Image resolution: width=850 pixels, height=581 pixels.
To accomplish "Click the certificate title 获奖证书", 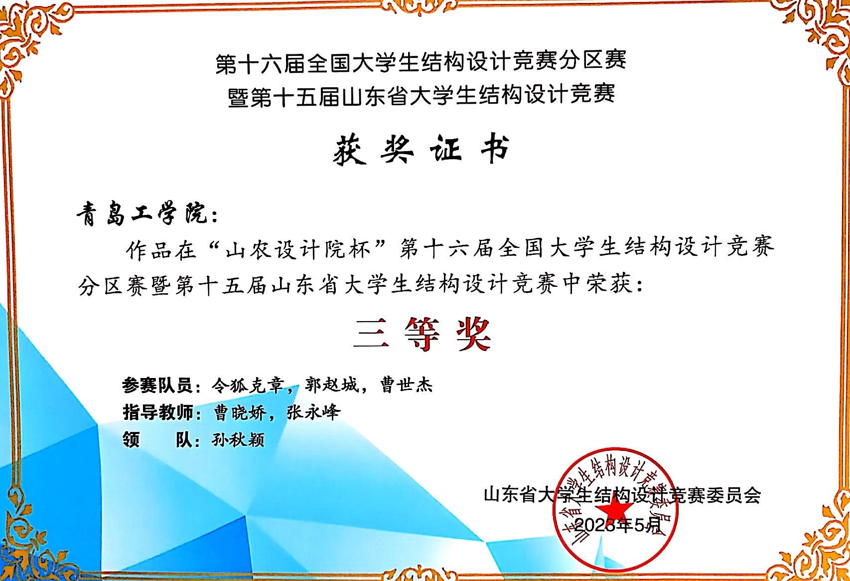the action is (x=421, y=149).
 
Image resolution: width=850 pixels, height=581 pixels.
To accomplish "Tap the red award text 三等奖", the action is (x=422, y=334).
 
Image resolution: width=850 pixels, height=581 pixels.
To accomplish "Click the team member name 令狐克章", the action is (x=248, y=386).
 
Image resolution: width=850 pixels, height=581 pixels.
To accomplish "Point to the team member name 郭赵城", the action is (x=332, y=386).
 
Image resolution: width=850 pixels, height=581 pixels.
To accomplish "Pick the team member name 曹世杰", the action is (x=407, y=386).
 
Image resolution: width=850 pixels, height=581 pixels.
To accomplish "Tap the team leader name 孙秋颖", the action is (x=238, y=440).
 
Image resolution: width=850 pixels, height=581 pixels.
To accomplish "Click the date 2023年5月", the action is (x=618, y=525).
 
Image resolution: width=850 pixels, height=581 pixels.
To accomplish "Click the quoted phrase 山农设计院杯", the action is (x=298, y=249).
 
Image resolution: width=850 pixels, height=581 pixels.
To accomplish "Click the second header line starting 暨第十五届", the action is (x=421, y=95).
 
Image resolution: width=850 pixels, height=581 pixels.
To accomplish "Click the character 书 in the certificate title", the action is (x=494, y=149).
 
